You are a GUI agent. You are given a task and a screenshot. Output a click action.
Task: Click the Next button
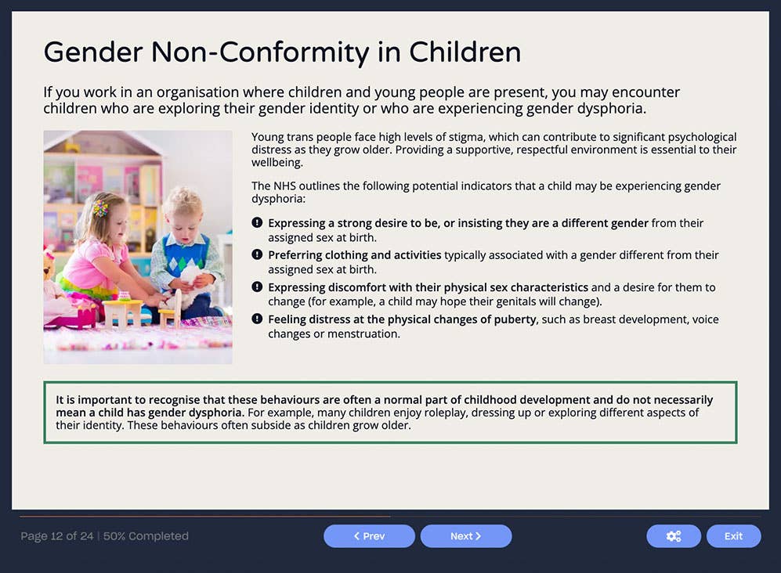(x=465, y=536)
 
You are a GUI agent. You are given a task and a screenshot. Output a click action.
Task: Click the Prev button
(x=369, y=536)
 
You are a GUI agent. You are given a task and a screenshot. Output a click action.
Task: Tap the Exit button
(x=733, y=536)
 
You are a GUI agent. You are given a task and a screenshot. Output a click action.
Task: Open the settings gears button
(x=673, y=536)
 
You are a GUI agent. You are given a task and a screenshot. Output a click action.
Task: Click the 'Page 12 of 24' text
(x=56, y=536)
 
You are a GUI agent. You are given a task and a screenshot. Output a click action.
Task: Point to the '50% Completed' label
(x=146, y=536)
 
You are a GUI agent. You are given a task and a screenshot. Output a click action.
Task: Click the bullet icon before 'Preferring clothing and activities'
(x=257, y=255)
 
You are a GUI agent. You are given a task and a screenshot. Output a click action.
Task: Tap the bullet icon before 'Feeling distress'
(x=257, y=319)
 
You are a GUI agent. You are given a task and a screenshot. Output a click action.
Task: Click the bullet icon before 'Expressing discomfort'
(x=257, y=287)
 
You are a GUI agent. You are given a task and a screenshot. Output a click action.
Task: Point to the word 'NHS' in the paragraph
(x=286, y=186)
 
